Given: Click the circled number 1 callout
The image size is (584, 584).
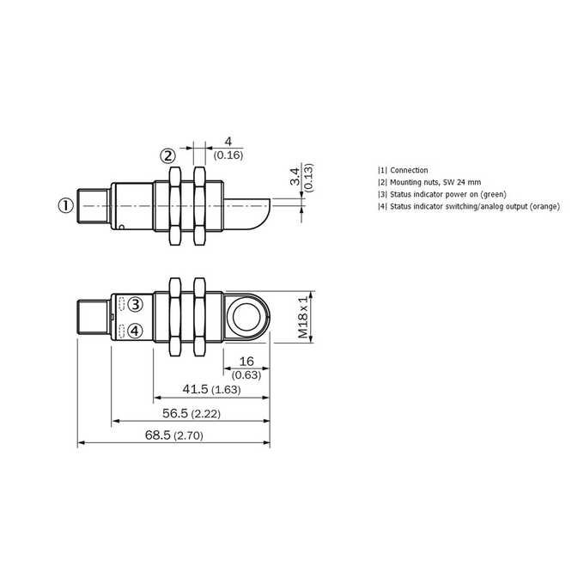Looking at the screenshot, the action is click(66, 205).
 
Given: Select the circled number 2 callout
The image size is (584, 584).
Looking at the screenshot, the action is click(168, 155).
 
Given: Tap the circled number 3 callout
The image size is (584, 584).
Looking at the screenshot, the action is click(135, 304).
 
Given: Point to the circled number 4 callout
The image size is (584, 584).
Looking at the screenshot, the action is click(135, 331).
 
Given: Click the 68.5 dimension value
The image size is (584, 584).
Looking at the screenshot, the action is click(157, 435).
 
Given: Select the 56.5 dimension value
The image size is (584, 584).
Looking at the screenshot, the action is click(175, 413).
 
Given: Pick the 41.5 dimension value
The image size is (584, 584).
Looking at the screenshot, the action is click(195, 389).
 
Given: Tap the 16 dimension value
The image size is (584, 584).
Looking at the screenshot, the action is click(246, 361).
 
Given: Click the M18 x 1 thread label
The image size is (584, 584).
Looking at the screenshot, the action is click(303, 317).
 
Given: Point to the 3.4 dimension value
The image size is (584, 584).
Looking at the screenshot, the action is click(295, 177).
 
